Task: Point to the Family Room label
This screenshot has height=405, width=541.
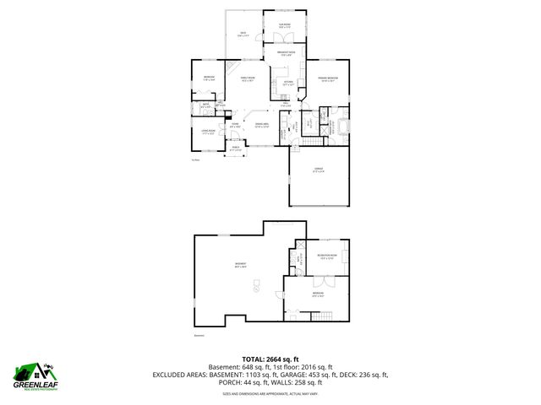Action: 249,80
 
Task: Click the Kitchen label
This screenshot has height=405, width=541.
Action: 288,83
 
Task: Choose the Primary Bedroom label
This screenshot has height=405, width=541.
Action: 328,79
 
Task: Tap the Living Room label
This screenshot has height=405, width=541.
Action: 205,132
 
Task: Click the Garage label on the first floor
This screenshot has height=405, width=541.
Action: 319,171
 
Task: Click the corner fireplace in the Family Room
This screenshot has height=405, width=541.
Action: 229,67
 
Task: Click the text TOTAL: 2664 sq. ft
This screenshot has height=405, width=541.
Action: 270,359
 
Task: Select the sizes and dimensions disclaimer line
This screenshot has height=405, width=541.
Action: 270,393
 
